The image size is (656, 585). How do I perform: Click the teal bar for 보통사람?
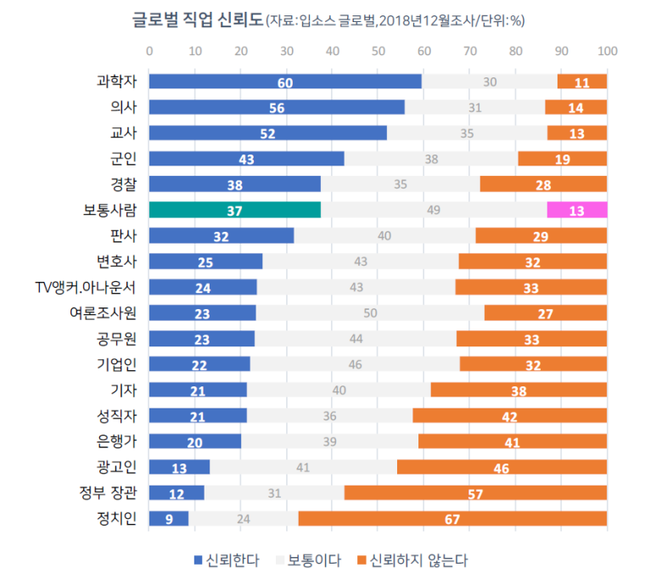[x=235, y=210]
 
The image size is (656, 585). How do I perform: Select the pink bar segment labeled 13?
[x=577, y=210]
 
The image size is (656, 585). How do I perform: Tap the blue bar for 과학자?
[x=285, y=82]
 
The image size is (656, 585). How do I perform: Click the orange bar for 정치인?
[x=452, y=518]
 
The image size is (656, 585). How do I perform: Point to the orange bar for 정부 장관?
[x=475, y=492]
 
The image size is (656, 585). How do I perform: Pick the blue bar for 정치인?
[x=169, y=518]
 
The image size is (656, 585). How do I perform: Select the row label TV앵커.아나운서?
[x=98, y=286]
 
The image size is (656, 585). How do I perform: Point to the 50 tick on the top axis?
[x=378, y=51]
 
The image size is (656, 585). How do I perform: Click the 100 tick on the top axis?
[x=606, y=51]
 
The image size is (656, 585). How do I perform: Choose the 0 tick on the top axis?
[x=149, y=51]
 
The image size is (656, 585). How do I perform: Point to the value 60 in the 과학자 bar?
[x=285, y=82]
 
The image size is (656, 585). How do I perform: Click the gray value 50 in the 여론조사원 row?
[x=370, y=312]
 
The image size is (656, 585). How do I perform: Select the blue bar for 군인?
[x=247, y=159]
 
